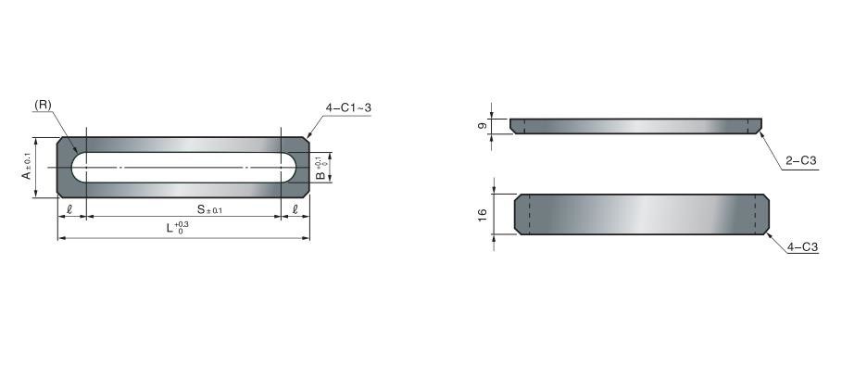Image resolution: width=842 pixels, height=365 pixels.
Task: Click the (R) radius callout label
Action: coord(43,106)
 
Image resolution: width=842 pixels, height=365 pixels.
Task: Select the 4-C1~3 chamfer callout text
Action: coord(348,107)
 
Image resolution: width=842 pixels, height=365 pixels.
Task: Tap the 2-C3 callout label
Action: coord(800,161)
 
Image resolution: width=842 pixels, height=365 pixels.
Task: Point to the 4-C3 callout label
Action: coord(802,247)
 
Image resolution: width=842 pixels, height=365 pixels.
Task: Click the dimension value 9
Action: coord(483,126)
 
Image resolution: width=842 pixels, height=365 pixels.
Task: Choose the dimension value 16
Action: coord(483,214)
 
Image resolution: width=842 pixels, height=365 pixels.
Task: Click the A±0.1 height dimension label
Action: coord(27,167)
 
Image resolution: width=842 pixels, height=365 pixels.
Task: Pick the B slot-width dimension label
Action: coord(320,168)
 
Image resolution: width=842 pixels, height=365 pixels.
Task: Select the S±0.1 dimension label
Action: coord(210,209)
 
